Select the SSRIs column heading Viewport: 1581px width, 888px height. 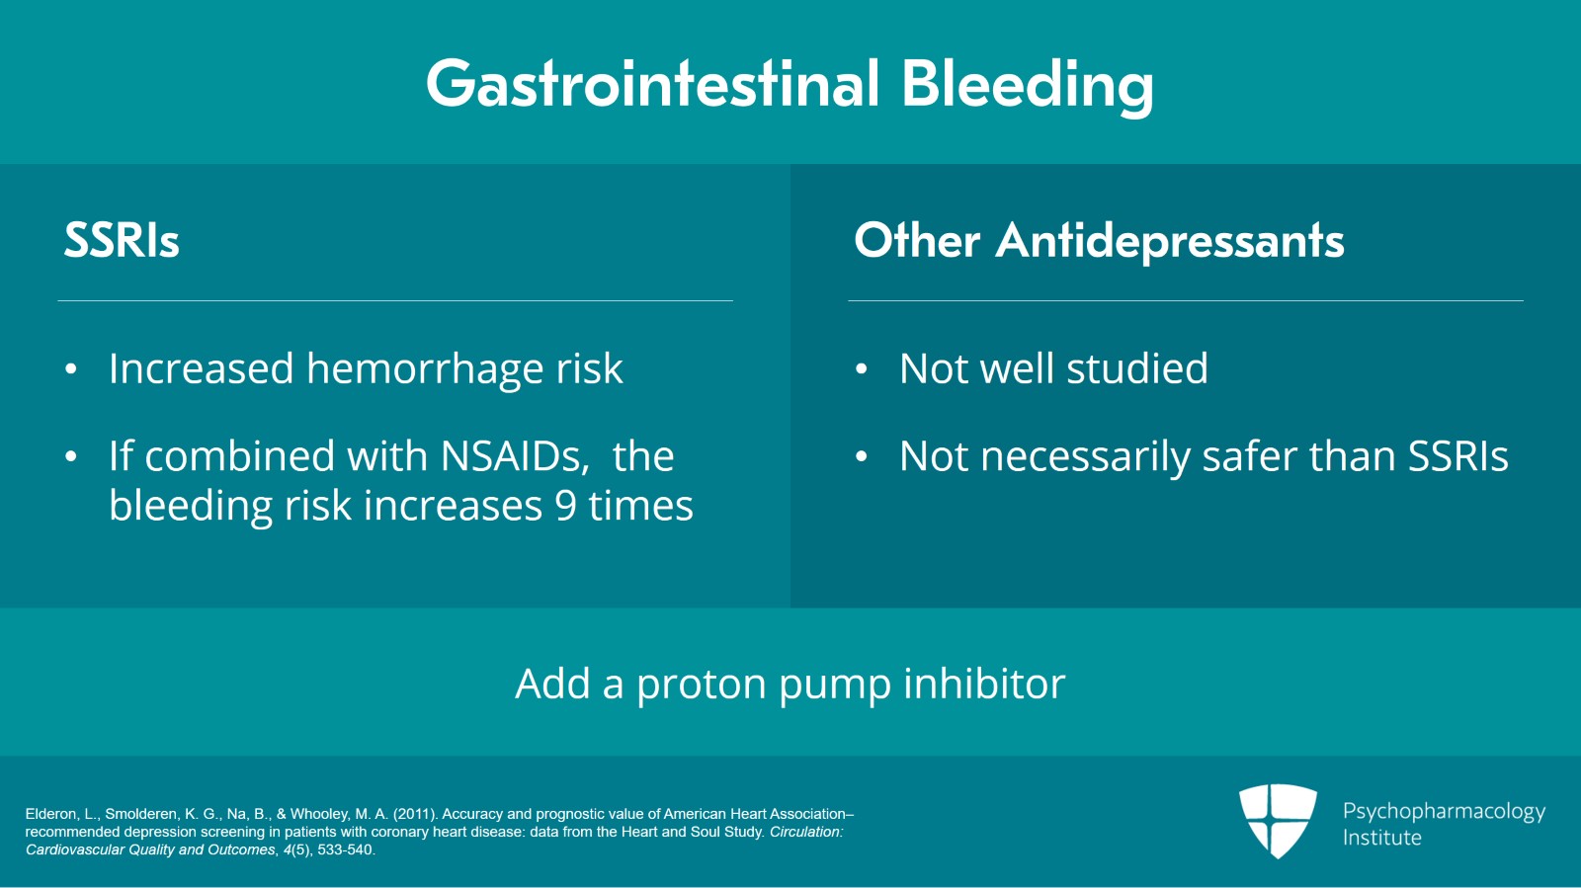click(122, 240)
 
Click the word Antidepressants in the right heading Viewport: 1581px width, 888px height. click(1170, 240)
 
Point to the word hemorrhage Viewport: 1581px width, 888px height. click(425, 368)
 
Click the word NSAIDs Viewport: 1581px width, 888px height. click(515, 455)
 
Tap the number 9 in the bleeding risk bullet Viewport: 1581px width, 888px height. click(566, 506)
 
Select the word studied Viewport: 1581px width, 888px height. click(1137, 367)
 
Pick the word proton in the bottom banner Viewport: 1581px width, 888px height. click(702, 685)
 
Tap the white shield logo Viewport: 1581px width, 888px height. click(1279, 821)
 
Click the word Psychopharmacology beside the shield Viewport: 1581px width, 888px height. click(1444, 812)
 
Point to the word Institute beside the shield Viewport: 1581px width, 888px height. click(1382, 838)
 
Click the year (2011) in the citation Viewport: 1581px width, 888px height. click(414, 814)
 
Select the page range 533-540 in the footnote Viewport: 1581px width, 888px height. click(345, 849)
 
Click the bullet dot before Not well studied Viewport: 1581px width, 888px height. click(861, 369)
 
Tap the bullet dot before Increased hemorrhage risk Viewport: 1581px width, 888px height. click(70, 369)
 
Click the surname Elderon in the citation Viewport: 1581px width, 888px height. click(50, 814)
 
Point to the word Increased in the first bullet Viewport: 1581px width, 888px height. click(202, 368)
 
